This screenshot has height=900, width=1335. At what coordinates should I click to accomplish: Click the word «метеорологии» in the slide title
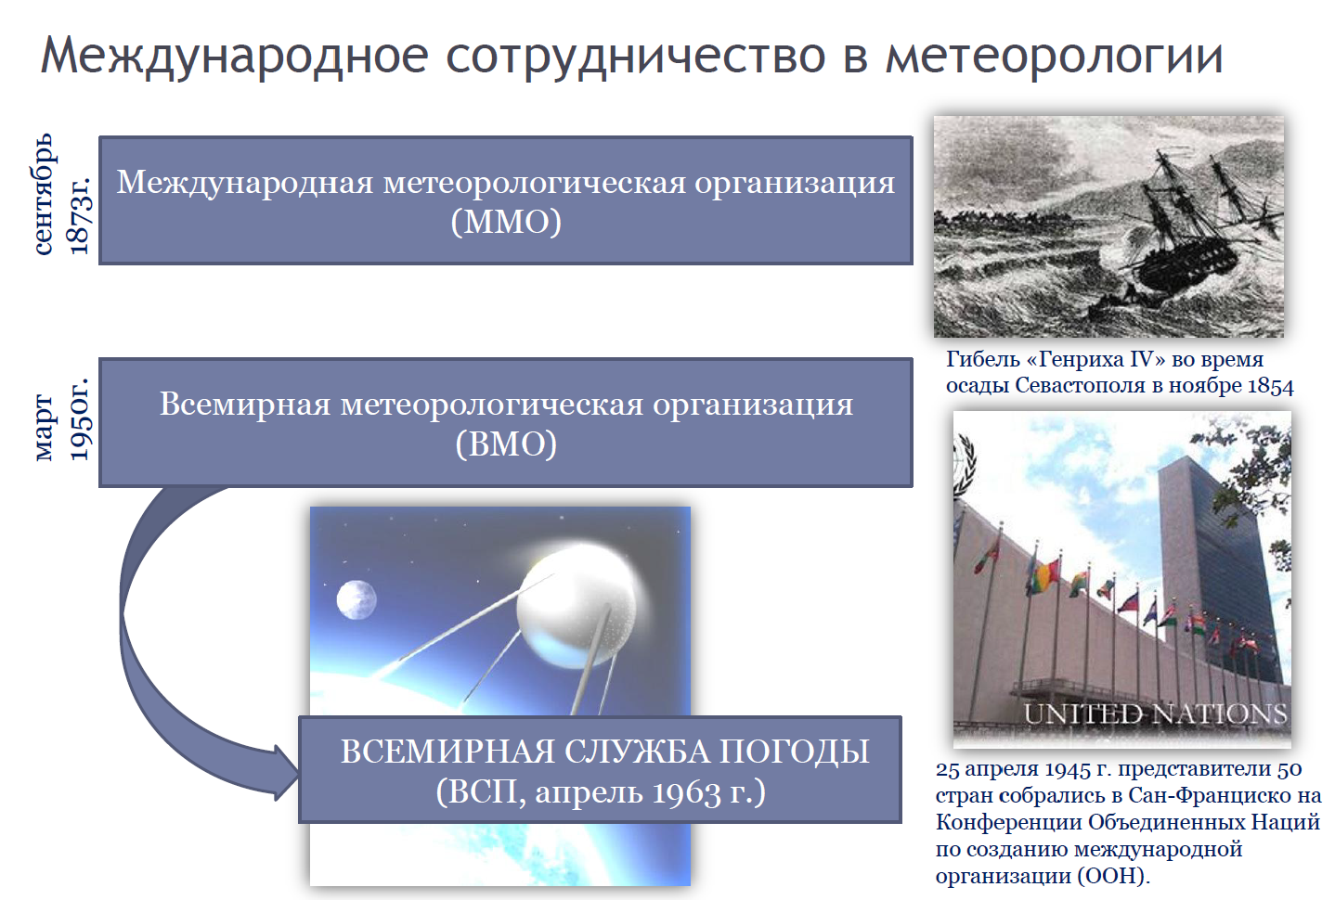coord(1054,56)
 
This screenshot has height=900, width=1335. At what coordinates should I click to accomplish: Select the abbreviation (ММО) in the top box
coord(506,223)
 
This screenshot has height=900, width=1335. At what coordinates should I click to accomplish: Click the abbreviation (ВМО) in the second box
coord(506,444)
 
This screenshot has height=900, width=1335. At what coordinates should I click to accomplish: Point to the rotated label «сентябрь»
coord(45,195)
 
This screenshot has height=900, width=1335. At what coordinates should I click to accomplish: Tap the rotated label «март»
coord(45,426)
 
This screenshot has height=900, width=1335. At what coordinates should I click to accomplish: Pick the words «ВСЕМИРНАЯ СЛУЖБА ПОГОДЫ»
coord(604,751)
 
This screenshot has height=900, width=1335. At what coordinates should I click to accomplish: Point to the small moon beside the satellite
coord(356,599)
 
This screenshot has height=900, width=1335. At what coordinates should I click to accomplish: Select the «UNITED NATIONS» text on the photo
coord(1155,714)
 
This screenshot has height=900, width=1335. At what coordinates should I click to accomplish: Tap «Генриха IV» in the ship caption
coord(1095,359)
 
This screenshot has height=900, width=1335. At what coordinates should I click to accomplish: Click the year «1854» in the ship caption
coord(1270,386)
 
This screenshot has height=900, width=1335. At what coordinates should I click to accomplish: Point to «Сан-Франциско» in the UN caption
coord(1211,795)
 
